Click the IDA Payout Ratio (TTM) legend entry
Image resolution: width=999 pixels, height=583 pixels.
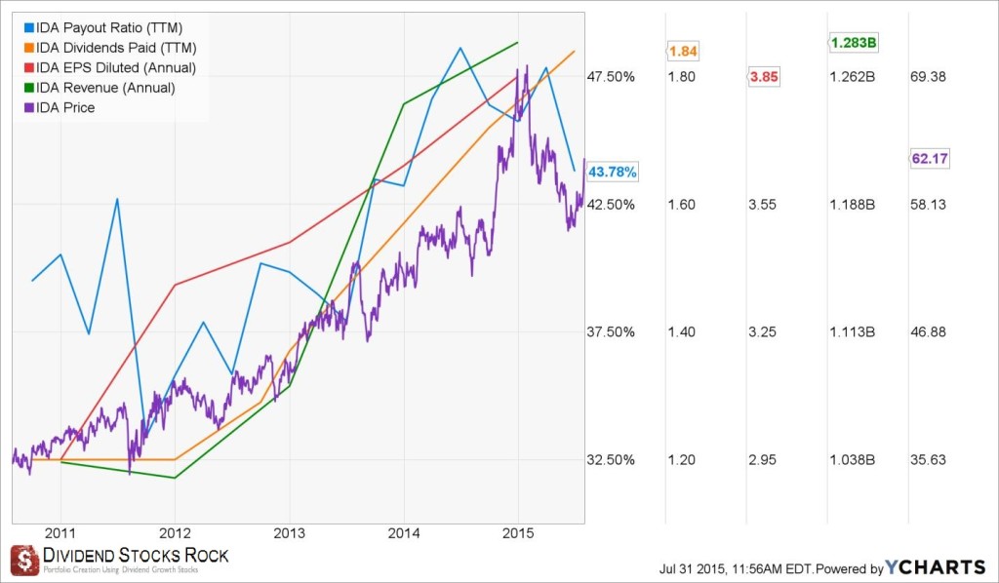101,27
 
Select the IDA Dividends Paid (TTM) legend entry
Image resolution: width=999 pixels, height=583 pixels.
109,48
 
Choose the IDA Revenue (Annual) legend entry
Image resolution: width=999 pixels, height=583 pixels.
104,88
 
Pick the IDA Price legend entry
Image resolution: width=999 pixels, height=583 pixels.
64,107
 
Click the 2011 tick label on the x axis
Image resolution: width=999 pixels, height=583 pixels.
60,532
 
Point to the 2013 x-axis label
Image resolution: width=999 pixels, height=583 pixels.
289,532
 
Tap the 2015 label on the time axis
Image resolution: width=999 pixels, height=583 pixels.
517,532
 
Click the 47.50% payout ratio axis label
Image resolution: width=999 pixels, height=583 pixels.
612,77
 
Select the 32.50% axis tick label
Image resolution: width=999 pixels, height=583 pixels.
612,460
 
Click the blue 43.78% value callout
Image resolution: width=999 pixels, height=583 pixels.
613,172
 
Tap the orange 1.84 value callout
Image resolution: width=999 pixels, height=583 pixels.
682,51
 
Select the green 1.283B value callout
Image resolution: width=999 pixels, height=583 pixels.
853,42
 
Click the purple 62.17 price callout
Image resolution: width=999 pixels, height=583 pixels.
930,158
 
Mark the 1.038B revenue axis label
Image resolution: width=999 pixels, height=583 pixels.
853,460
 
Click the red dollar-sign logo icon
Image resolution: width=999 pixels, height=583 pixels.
24,560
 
